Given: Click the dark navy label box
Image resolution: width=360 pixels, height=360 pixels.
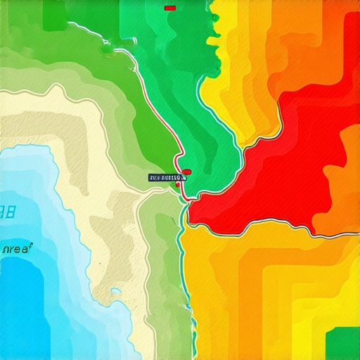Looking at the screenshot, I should (x=165, y=178).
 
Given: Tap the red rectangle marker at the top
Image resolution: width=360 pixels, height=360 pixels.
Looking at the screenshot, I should (x=169, y=8).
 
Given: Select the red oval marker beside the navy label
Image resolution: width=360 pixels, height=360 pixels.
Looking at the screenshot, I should (x=187, y=172).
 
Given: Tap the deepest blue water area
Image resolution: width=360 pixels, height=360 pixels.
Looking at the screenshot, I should (x=28, y=309).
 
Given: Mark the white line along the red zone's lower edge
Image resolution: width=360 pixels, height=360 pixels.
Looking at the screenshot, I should (x=267, y=224).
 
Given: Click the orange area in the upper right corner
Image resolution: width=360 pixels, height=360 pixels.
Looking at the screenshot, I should (x=337, y=28).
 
